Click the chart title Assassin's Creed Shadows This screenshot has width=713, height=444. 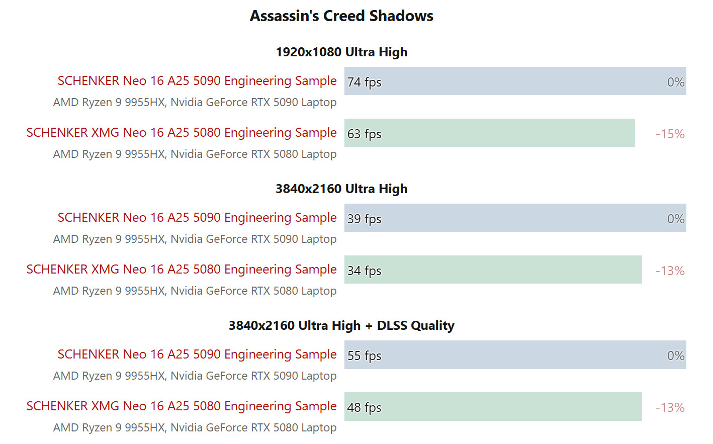pos(341,16)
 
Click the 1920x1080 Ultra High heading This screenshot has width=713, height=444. pos(341,52)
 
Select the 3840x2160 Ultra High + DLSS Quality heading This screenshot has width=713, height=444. pos(341,326)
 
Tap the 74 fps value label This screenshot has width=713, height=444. pos(364,82)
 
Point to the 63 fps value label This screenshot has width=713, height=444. pos(364,134)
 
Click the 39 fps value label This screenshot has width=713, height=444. pos(364,219)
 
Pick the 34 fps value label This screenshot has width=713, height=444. pos(364,271)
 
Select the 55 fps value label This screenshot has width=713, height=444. pos(364,356)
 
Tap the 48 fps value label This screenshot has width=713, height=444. pos(364,407)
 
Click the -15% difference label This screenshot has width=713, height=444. pos(670,134)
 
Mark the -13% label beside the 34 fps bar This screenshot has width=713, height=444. pos(670,271)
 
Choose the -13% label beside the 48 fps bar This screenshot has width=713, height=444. pos(670,407)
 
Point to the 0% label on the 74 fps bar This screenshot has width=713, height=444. pos(675,82)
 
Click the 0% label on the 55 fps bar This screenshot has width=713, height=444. pos(675,356)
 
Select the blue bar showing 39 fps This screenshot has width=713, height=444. pos(515,218)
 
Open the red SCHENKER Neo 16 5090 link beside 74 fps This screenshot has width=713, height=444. pos(197,81)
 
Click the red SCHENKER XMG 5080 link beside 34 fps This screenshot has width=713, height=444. pos(182,270)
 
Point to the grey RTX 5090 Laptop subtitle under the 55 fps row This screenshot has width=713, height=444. pos(195,376)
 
